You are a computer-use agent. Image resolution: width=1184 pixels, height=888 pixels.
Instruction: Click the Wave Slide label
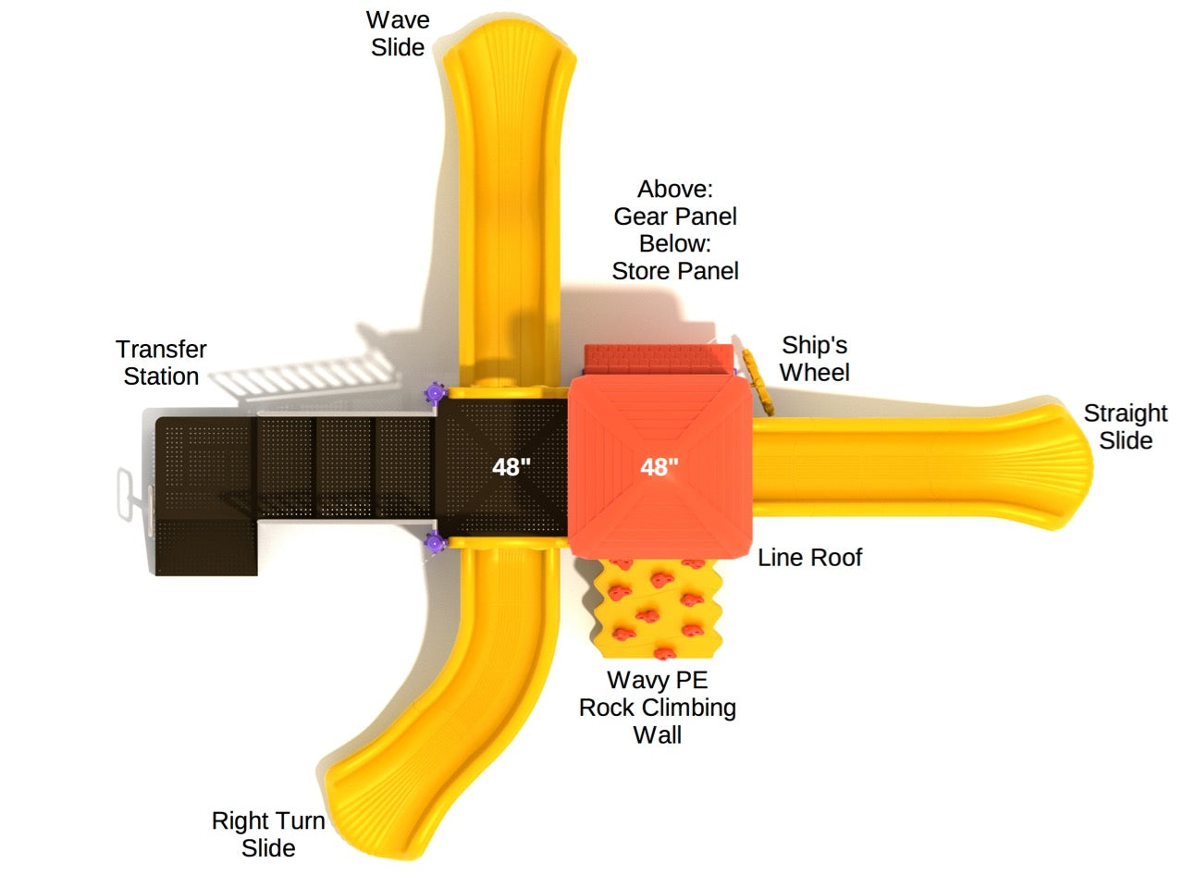398,33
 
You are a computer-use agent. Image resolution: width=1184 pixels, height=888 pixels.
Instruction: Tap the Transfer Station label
161,363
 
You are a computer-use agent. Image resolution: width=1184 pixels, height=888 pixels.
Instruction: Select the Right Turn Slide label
268,833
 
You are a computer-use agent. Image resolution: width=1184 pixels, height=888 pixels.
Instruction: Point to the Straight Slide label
1125,426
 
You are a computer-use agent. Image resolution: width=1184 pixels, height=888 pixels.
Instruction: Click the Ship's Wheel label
814,359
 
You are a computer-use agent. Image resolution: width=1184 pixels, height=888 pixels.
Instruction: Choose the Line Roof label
809,558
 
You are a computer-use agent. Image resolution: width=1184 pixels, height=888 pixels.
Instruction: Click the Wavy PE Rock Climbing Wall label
657,708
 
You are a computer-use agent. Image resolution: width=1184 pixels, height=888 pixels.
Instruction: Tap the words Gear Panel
675,216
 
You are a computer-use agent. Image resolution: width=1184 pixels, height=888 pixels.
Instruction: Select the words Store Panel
675,271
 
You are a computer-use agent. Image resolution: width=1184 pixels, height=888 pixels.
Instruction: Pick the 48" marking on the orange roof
660,467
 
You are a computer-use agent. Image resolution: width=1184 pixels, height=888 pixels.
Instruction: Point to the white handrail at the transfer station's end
127,493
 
